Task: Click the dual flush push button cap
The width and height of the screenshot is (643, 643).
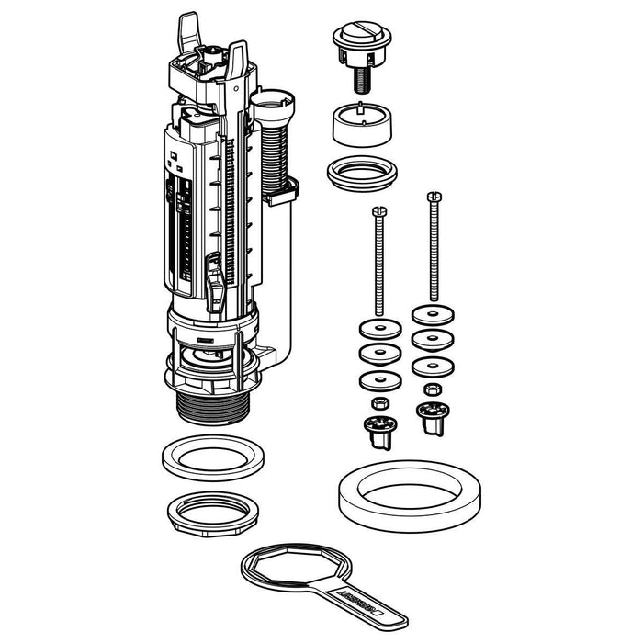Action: pos(355,42)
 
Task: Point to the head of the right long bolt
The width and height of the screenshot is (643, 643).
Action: pos(431,197)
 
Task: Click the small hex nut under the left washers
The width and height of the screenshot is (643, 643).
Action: pos(377,403)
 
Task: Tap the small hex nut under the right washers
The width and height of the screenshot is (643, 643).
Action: pos(431,389)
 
